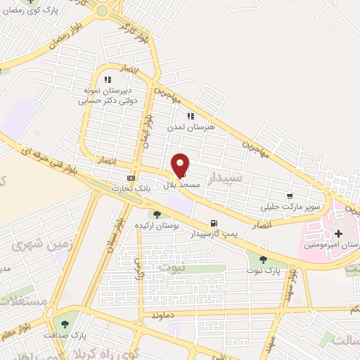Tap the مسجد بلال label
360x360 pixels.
pos(183,184)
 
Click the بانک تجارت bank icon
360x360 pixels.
pos(131,178)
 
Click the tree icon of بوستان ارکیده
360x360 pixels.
pos(157,214)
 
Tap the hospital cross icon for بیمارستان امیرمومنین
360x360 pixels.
pos(339,233)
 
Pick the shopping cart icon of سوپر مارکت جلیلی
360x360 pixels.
pos(290,196)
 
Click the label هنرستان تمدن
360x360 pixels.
pos(185,128)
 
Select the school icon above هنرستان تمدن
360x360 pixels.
pos(190,116)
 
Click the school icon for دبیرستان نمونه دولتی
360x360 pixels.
pos(108,79)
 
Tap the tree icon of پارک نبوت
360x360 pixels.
pos(263,259)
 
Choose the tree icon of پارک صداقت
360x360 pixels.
pos(65,324)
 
